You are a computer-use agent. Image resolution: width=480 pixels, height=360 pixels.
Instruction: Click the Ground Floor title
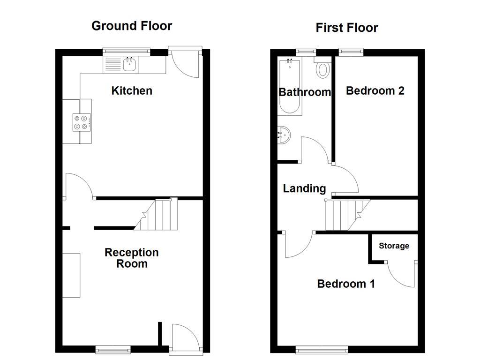tap(132, 26)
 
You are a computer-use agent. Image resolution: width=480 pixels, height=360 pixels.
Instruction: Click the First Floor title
tap(347, 28)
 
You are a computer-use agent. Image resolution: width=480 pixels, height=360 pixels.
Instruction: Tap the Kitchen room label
tap(132, 90)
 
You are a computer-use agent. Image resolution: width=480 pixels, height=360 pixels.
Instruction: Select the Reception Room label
tap(132, 258)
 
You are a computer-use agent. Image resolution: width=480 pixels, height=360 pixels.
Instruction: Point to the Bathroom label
tap(305, 92)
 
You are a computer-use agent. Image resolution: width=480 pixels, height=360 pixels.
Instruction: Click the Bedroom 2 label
tap(375, 90)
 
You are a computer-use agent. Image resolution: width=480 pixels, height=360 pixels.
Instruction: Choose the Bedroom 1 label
tap(346, 284)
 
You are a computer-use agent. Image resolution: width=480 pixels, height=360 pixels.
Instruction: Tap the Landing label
tap(304, 188)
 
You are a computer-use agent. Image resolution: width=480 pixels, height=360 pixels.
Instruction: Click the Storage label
tap(394, 246)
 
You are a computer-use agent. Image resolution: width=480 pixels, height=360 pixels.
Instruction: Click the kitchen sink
tap(129, 65)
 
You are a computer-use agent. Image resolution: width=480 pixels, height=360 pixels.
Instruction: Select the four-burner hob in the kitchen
tap(81, 122)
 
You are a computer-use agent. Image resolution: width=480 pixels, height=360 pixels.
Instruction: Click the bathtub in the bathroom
tap(290, 87)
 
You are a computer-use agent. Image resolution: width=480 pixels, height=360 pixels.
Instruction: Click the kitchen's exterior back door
tap(187, 61)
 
